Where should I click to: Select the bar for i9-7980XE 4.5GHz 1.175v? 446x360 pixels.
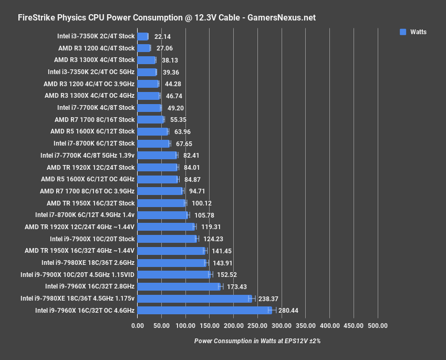[194, 299]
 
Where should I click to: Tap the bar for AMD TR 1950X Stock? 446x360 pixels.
[161, 203]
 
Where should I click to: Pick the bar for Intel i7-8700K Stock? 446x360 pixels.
[153, 143]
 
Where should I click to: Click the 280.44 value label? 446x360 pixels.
[288, 311]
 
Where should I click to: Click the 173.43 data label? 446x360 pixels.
[236, 286]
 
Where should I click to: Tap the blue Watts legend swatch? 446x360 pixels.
[403, 32]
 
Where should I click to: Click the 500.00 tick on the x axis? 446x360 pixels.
[378, 326]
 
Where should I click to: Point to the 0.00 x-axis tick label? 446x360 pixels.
[137, 326]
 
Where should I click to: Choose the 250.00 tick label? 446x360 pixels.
[257, 326]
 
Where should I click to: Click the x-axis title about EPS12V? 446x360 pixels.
[257, 341]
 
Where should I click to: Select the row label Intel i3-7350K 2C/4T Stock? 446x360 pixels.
[96, 36]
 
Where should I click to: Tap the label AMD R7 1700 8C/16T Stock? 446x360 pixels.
[95, 120]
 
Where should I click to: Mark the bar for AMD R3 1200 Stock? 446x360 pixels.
[144, 48]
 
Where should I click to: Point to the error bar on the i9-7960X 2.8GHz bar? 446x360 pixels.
[221, 286]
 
